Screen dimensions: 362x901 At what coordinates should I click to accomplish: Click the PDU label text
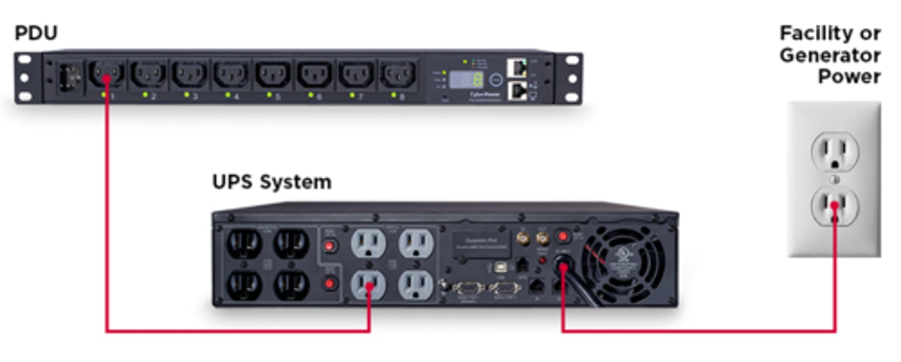(36, 33)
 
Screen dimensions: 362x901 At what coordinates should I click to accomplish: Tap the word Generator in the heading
(830, 55)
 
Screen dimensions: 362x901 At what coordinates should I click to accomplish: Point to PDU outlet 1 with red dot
(106, 76)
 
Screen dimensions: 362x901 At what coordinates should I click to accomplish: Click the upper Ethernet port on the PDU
(517, 66)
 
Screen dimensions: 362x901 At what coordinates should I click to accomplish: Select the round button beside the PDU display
(495, 80)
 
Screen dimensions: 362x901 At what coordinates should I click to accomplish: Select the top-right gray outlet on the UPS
(416, 242)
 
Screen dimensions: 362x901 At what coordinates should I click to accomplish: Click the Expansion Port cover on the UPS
(480, 242)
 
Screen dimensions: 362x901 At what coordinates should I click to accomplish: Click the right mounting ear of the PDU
(571, 78)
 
